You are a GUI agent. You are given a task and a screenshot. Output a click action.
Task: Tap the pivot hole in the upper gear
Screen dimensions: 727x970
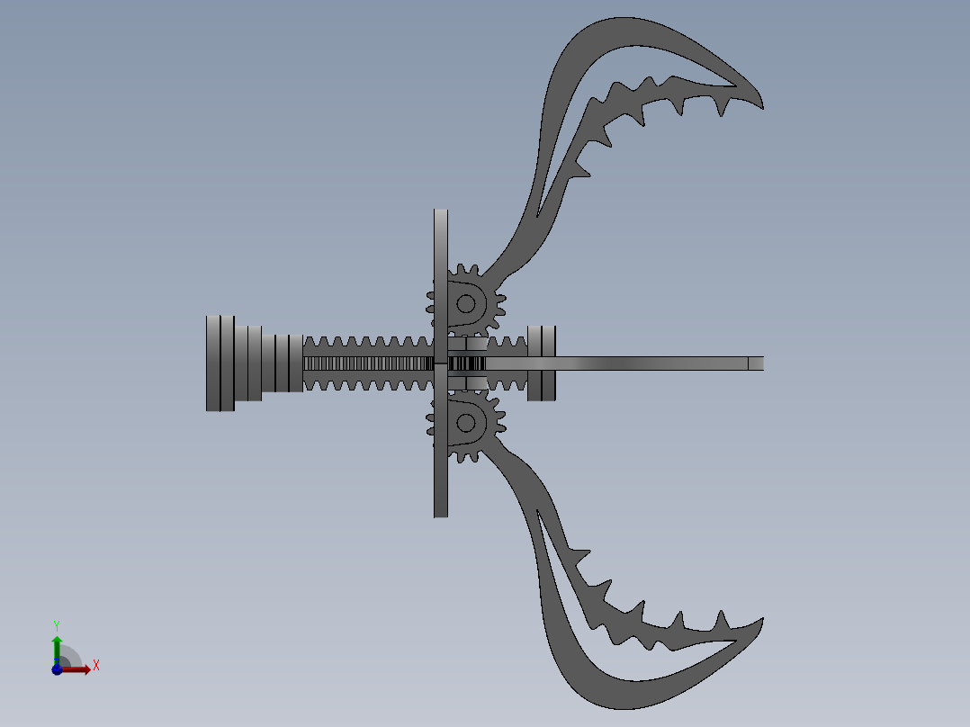pos(465,303)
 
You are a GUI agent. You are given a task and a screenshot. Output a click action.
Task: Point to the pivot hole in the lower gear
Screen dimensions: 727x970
pos(465,421)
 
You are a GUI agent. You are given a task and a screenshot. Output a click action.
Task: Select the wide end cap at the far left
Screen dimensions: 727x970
pos(220,363)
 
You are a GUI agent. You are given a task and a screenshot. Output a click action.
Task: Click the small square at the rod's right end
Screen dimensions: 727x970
pos(756,363)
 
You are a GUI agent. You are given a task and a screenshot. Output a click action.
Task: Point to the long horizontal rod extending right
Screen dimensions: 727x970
pos(648,363)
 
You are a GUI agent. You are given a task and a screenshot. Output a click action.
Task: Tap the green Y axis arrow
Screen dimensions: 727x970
pos(57,646)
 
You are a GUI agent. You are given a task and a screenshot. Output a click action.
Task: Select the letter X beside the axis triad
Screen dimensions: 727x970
pos(96,666)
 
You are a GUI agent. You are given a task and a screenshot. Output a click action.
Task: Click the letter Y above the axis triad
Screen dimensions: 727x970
pos(57,624)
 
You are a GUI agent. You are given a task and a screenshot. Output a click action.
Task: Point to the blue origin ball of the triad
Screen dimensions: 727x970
pos(58,669)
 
